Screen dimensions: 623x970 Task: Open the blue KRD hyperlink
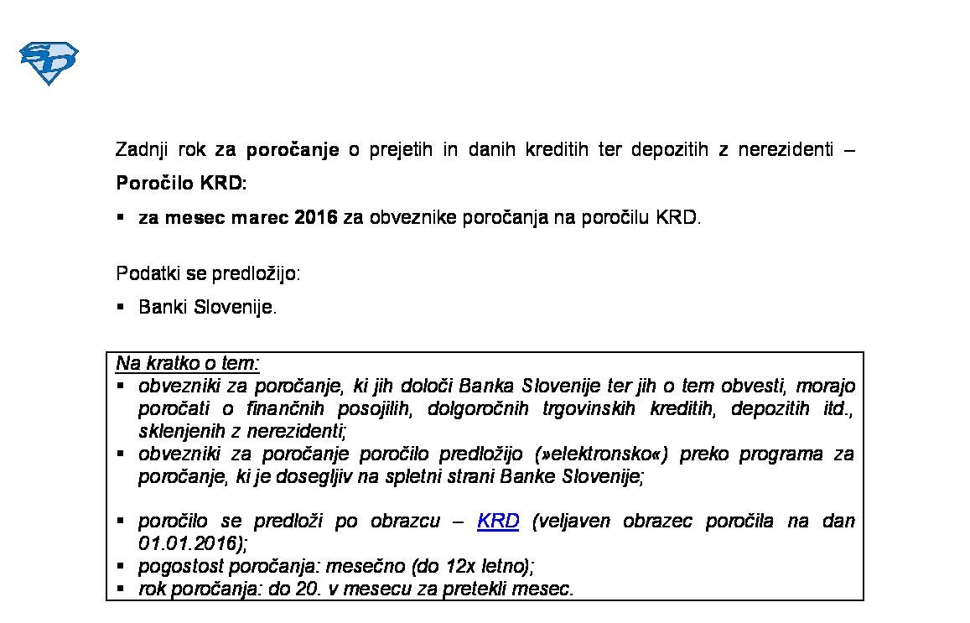[x=498, y=522]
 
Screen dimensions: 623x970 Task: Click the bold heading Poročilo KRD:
[x=182, y=184]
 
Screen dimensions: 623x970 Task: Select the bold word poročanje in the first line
[x=293, y=150]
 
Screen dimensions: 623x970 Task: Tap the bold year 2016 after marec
[x=316, y=218]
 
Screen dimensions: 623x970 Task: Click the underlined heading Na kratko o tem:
[x=188, y=363]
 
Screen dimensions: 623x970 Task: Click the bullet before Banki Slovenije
[x=122, y=307]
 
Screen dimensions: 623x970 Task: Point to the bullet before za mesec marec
[x=122, y=217]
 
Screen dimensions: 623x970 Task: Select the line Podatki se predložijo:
[x=208, y=274]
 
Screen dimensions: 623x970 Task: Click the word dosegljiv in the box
[x=305, y=477]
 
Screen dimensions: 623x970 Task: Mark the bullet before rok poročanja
[x=122, y=588]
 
